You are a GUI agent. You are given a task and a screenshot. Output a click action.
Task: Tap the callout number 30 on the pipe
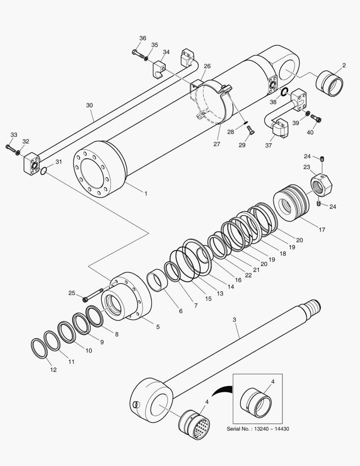(x=89, y=105)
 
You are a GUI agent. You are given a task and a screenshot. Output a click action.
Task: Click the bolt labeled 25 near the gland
(x=92, y=295)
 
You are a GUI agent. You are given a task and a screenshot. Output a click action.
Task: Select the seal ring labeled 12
(x=39, y=348)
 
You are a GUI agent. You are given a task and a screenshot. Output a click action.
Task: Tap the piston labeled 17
(x=292, y=202)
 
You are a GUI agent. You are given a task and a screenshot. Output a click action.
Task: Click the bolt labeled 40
(x=316, y=118)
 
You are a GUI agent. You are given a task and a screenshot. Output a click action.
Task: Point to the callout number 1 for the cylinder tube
(x=146, y=194)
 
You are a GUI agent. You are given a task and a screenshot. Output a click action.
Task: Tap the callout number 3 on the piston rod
(x=234, y=320)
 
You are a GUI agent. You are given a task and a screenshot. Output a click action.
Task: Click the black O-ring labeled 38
(x=284, y=91)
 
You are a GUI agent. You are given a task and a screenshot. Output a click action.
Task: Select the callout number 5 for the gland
(x=158, y=327)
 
